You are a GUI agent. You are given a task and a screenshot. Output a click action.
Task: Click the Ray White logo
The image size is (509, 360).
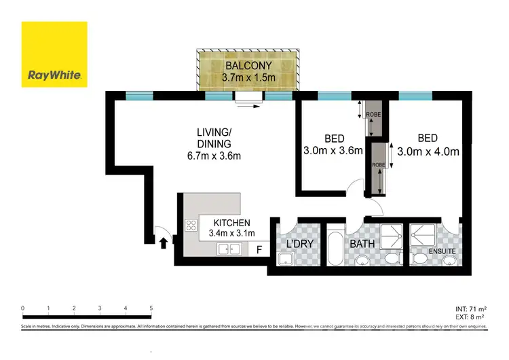54,54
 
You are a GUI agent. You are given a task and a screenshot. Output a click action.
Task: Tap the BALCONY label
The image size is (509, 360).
248,66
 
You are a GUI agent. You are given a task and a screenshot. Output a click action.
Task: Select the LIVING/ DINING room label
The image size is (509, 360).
214,138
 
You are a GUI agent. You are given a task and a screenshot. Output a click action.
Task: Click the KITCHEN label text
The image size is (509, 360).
232,223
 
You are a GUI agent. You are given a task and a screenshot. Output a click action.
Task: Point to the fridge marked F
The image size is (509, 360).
259,249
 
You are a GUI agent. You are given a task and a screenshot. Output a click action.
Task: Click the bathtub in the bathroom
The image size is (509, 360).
335,251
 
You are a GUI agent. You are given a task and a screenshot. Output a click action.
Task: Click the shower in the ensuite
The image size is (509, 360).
424,234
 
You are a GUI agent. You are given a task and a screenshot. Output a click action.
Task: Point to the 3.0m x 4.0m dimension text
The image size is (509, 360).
428,151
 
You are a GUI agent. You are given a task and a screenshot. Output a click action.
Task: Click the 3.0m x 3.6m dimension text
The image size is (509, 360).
332,151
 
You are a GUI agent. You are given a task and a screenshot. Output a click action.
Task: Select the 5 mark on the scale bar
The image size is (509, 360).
151,308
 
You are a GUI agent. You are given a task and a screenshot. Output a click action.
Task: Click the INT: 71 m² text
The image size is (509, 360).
468,308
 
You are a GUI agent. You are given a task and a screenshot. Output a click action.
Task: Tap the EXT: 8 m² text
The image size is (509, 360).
468,317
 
